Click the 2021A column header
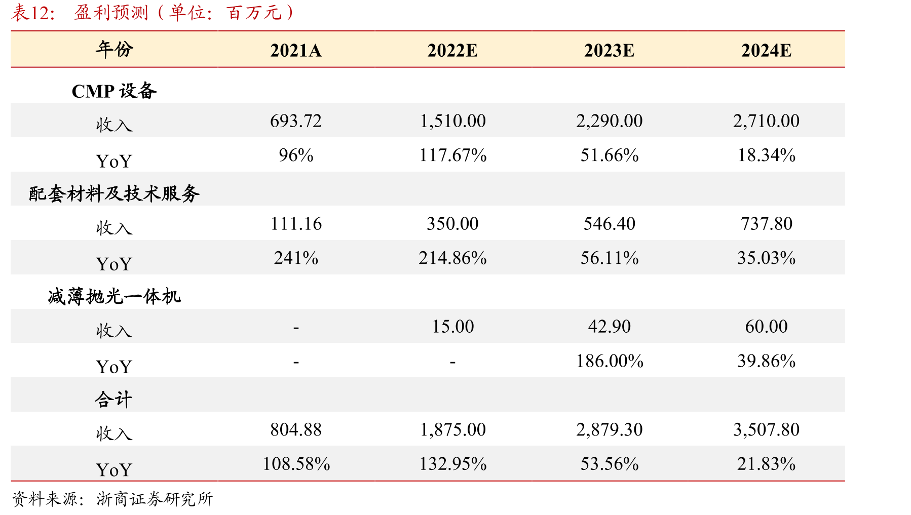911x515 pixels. tap(296, 51)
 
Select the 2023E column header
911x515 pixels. tap(609, 51)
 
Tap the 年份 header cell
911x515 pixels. tap(114, 49)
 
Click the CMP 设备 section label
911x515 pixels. tap(114, 91)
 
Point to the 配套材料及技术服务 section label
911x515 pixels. tap(114, 193)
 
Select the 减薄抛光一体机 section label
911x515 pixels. tap(114, 296)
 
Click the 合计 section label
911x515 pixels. tap(114, 400)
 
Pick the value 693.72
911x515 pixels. tap(296, 121)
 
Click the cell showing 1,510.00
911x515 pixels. tap(452, 121)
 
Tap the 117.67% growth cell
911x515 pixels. tap(452, 155)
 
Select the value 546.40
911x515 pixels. tap(609, 223)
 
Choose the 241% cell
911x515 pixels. tap(296, 258)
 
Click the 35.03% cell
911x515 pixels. tap(766, 258)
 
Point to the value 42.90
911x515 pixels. tap(609, 326)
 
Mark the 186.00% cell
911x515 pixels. tap(609, 361)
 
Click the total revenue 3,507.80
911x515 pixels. tap(766, 429)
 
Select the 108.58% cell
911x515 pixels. tap(296, 463)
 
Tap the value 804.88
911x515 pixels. tap(296, 429)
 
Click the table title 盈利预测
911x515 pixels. tap(111, 12)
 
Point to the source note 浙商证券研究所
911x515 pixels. tap(155, 499)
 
